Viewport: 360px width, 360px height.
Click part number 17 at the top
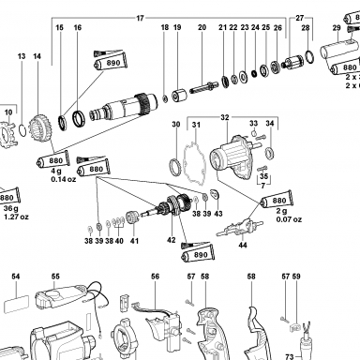click(140, 18)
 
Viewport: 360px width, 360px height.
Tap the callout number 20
click(202, 27)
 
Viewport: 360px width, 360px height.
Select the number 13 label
click(22, 56)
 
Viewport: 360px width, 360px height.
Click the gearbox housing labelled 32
click(232, 157)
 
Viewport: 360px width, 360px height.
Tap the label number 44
click(243, 245)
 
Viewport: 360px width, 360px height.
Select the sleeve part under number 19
click(179, 96)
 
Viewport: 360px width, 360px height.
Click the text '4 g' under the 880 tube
click(56, 172)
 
